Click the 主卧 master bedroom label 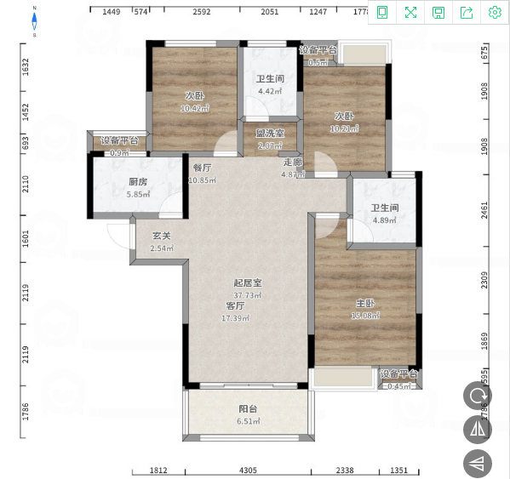tap(366, 304)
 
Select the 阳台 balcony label tap(248, 408)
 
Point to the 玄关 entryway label tap(162, 237)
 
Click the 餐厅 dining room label tap(202, 168)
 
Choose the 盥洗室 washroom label tap(270, 133)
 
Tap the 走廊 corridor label tap(293, 163)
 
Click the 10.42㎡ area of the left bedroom tap(195, 109)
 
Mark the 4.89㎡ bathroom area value tap(385, 221)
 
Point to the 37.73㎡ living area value tap(248, 295)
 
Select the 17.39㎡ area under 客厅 tap(235, 318)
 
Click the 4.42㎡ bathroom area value tap(270, 91)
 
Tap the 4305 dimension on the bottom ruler tap(248, 470)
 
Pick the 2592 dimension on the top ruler tap(202, 12)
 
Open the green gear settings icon tap(495, 12)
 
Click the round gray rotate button tap(478, 396)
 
